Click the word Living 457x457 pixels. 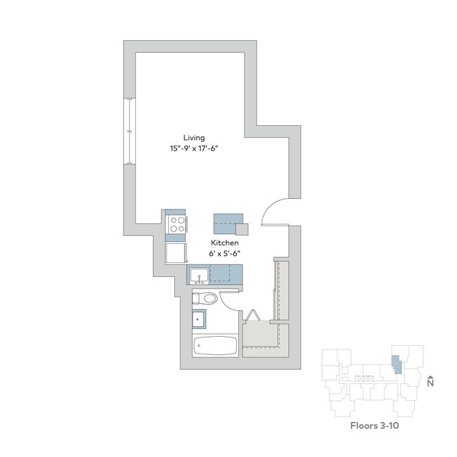tap(193, 137)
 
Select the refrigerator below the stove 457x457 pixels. tap(176, 252)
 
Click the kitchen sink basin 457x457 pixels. tap(199, 273)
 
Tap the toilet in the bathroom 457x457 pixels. tap(205, 298)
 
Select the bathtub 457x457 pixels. tap(215, 347)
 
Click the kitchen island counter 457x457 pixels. tap(226, 224)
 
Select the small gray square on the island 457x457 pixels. tap(242, 228)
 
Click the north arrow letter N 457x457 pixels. tap(430, 383)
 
